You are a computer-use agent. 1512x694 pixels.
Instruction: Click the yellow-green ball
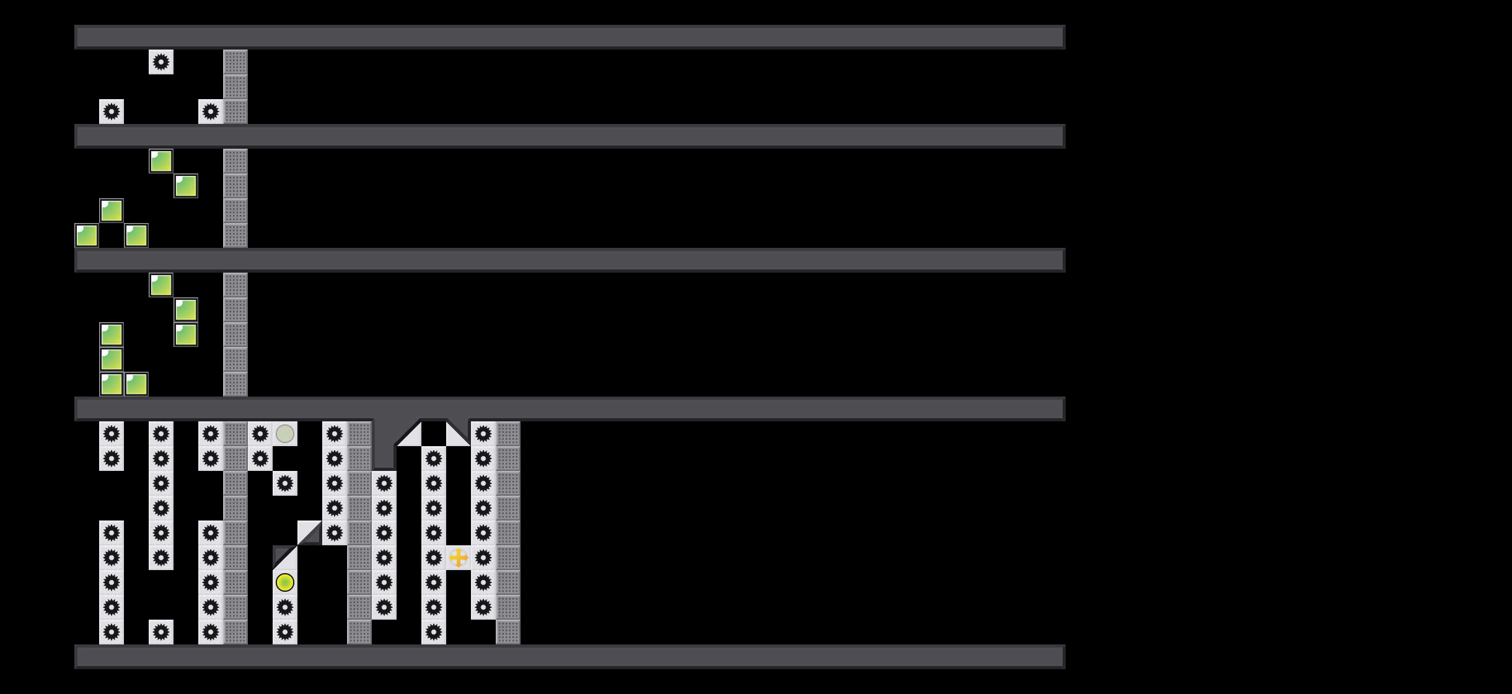(285, 582)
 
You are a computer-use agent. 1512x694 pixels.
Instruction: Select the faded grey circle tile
(285, 434)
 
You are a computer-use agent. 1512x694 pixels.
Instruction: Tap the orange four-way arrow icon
(459, 558)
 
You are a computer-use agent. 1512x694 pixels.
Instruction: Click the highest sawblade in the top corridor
(161, 62)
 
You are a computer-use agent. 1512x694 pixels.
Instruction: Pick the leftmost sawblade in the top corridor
(112, 112)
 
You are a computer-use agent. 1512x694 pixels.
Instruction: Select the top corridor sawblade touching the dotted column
(211, 112)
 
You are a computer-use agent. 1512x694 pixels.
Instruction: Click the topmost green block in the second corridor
(161, 161)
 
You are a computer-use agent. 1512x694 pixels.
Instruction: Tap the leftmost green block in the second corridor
(87, 235)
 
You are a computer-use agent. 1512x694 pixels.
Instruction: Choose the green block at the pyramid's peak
(112, 211)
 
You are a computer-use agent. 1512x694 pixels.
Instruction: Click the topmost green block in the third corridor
(161, 285)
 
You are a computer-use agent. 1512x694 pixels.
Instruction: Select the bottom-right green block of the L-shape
(136, 384)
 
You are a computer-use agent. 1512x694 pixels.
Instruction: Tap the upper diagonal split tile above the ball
(310, 533)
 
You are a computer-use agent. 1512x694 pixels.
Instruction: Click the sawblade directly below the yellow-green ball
(285, 607)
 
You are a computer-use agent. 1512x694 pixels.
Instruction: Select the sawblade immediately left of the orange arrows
(434, 558)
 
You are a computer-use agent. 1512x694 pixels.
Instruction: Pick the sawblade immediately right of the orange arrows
(483, 558)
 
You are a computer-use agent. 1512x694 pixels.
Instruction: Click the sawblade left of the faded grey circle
(260, 434)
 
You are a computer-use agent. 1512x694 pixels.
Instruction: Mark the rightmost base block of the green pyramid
(136, 235)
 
